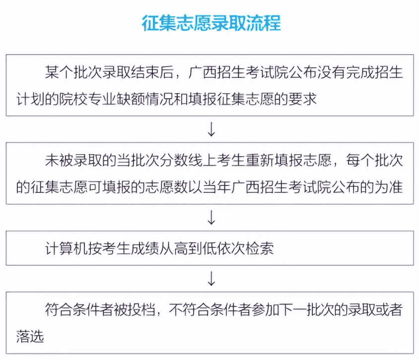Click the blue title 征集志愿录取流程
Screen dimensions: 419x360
pos(211,23)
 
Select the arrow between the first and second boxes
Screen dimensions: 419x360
pos(211,129)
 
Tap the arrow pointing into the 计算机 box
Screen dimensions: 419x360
pos(211,218)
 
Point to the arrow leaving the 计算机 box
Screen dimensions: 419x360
pos(211,279)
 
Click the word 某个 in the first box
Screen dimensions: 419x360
pos(59,72)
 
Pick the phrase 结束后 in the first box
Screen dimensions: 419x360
pos(151,72)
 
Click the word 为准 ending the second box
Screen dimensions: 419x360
pos(389,187)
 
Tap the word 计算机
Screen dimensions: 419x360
pos(66,248)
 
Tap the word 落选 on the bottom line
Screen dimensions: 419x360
pos(30,337)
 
